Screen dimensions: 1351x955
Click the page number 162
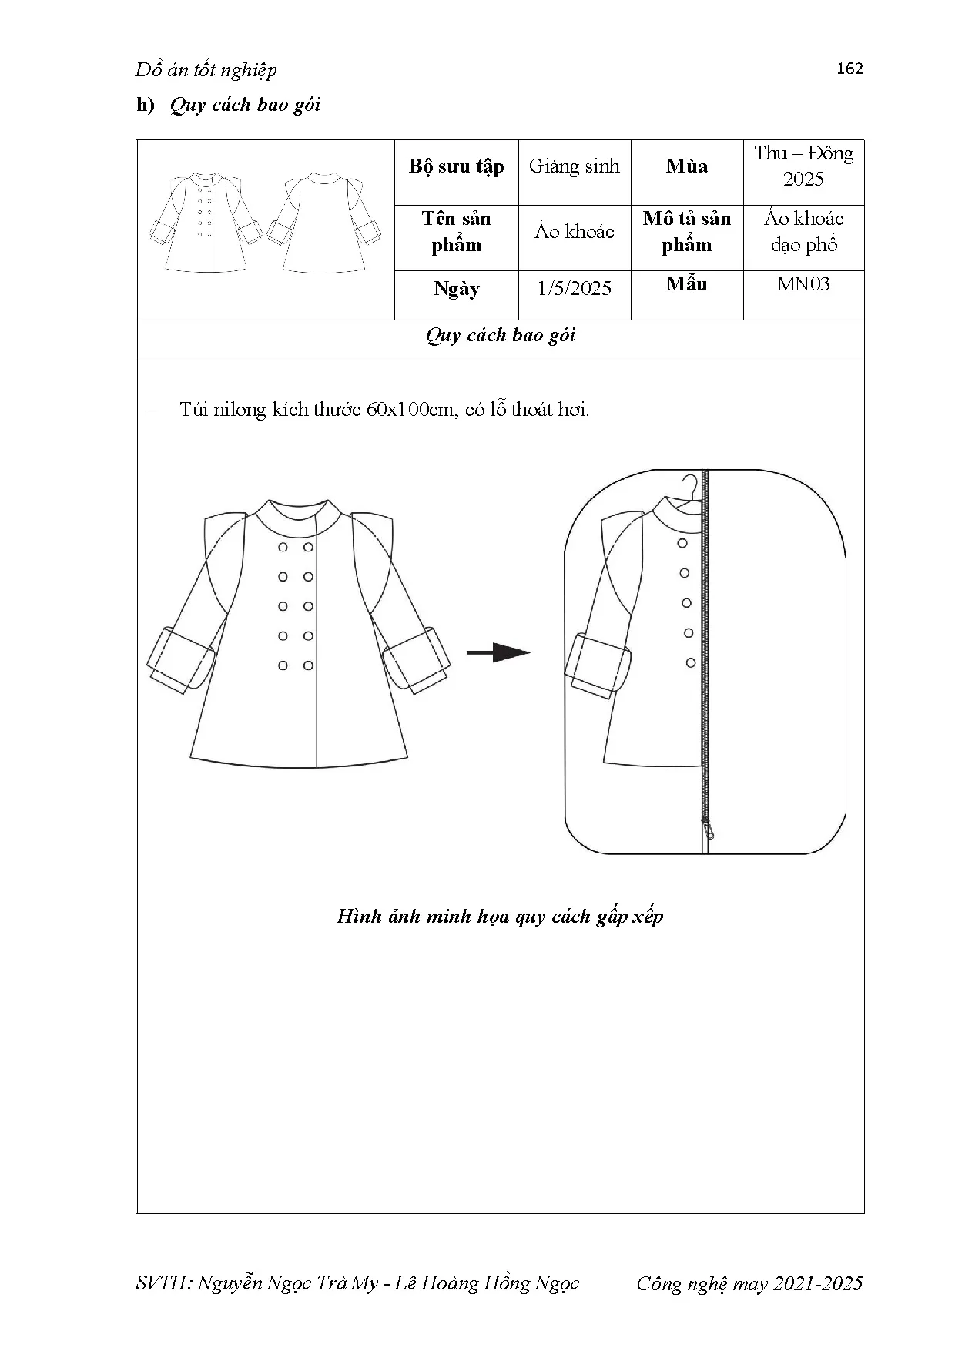click(849, 69)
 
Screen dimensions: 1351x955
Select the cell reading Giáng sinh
click(574, 166)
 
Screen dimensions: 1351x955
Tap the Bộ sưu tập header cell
click(456, 166)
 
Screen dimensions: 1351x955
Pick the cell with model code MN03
click(803, 284)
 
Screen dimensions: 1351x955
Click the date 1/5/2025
click(574, 289)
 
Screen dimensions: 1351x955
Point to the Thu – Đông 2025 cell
click(803, 166)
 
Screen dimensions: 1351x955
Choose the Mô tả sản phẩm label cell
click(686, 232)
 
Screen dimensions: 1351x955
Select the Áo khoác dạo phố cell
click(803, 232)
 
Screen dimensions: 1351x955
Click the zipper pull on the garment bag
click(709, 828)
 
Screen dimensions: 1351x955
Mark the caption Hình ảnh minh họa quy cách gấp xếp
click(500, 917)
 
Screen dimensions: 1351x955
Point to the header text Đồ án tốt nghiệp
click(206, 70)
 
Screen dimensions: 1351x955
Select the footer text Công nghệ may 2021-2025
click(749, 1283)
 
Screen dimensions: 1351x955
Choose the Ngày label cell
click(456, 289)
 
